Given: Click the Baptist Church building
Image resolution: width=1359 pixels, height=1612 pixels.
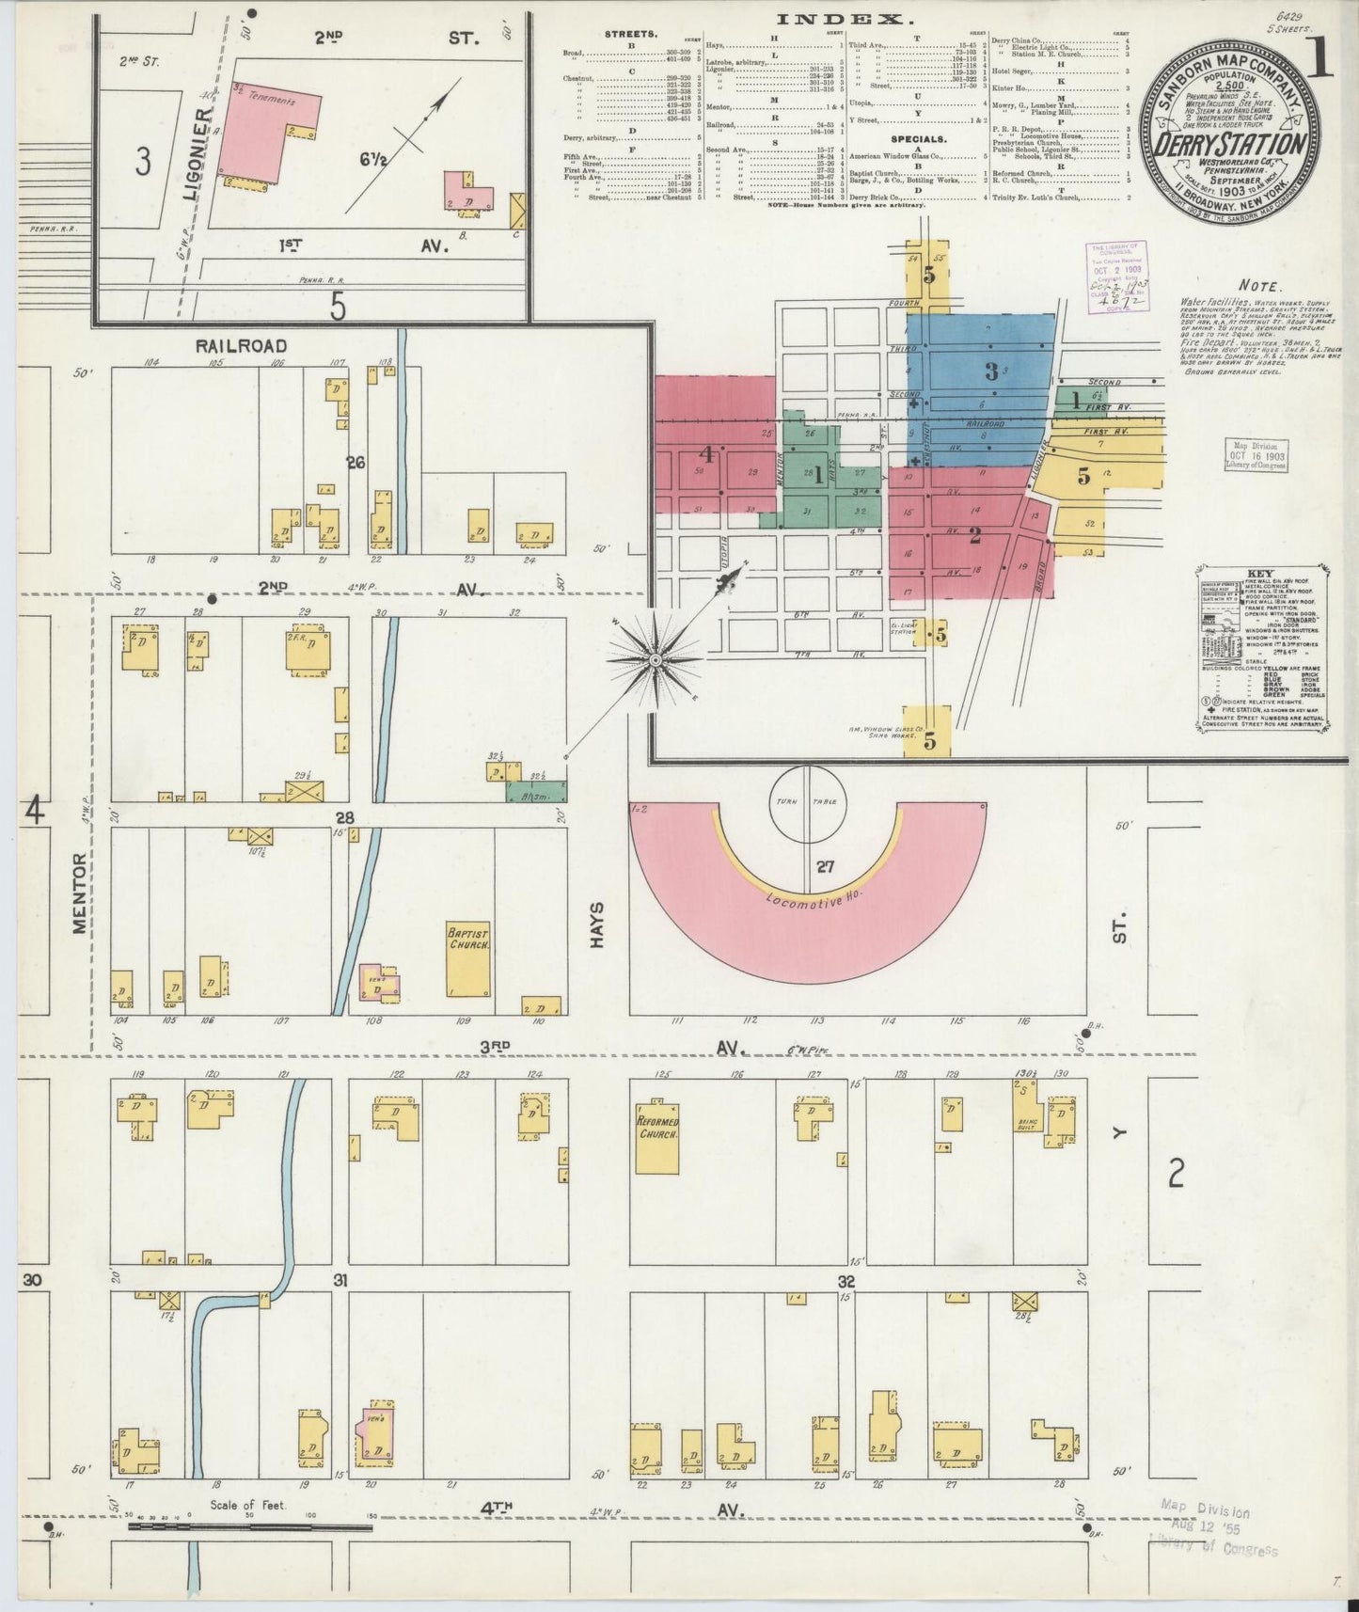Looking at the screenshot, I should click(468, 958).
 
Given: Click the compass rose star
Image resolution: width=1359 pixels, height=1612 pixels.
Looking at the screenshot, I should click(655, 662).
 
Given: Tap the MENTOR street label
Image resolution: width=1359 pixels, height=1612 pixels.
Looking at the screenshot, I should click(80, 893).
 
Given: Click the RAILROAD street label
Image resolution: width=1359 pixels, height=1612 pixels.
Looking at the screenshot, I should click(241, 346).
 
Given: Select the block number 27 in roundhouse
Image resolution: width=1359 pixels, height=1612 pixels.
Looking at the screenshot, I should click(825, 867).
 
